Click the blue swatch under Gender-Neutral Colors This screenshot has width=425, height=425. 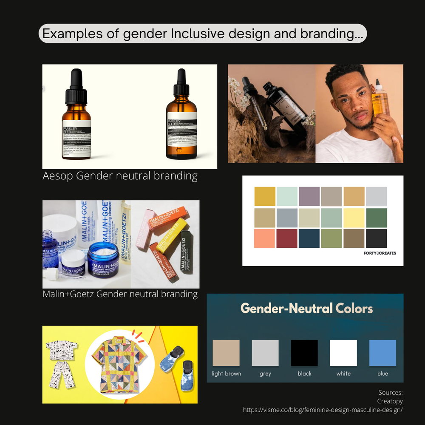pos(382,353)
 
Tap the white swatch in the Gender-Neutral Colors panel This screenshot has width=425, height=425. pos(343,353)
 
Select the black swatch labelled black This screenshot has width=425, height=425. pos(304,353)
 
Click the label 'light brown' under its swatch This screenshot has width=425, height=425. pos(226,374)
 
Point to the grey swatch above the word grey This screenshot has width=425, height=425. pos(265,353)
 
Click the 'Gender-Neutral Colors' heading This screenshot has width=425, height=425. pos(306,308)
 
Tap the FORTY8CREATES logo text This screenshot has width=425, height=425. pos(380,253)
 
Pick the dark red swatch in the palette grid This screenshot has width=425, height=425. pos(287,238)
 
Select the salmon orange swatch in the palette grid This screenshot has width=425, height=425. pos(264,238)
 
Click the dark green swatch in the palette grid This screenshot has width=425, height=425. pos(376,218)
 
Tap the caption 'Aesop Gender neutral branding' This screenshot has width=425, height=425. pos(120,176)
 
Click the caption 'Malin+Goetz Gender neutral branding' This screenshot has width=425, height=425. pos(120,294)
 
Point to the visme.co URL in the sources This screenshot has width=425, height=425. pos(323,410)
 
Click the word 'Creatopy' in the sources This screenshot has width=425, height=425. pos(390,401)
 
